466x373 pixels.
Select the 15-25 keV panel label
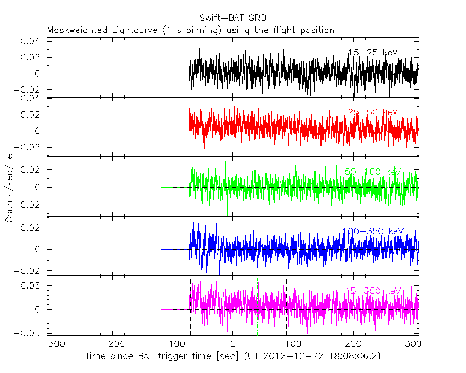point(373,53)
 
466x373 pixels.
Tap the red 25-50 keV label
point(373,112)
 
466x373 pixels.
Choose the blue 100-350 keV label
point(373,231)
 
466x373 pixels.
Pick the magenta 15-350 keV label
point(373,291)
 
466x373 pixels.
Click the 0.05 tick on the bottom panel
point(32,286)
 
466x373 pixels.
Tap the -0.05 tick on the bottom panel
point(30,332)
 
